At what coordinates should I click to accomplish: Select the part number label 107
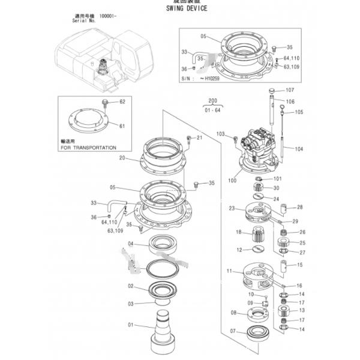(x=290, y=91)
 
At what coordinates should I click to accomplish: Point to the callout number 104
(x=299, y=148)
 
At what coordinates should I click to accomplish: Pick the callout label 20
(x=122, y=158)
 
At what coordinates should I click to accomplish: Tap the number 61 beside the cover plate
(x=122, y=126)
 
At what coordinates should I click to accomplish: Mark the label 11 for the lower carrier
(x=229, y=271)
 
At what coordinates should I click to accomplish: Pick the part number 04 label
(x=130, y=244)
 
